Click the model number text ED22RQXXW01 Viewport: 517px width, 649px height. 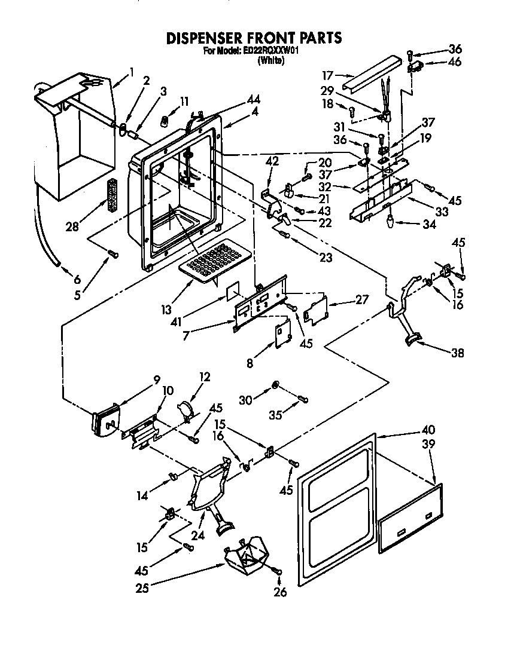[x=271, y=51]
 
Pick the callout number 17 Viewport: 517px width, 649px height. [x=328, y=75]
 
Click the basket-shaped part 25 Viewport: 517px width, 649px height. [x=247, y=553]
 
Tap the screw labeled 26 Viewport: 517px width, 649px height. [x=278, y=572]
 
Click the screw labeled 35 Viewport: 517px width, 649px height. [x=302, y=397]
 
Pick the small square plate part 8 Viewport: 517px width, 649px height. [x=282, y=333]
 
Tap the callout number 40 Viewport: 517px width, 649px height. [x=428, y=429]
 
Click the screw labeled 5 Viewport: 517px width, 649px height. [x=112, y=255]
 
